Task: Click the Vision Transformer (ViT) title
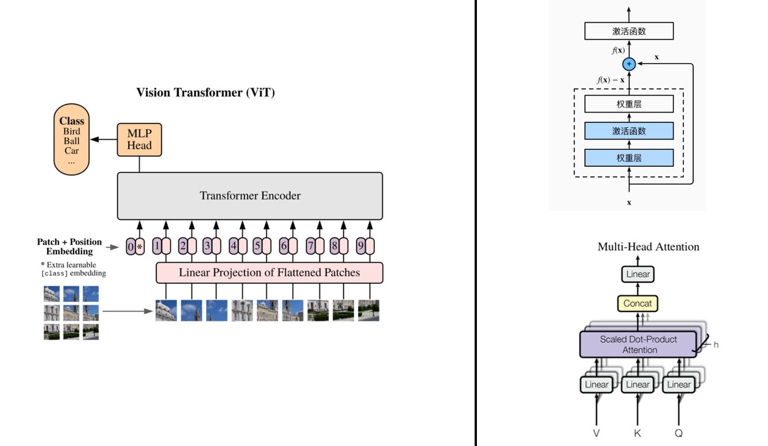(205, 93)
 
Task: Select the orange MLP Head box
(139, 140)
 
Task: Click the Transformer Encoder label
(250, 195)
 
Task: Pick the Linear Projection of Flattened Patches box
(269, 272)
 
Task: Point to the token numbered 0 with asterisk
(135, 247)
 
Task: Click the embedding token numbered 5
(262, 247)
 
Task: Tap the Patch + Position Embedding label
(69, 247)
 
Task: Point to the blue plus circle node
(629, 64)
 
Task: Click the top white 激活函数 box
(629, 31)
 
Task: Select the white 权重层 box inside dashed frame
(629, 104)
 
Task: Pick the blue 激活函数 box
(629, 131)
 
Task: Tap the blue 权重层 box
(629, 157)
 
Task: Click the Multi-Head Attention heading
(648, 247)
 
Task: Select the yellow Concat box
(637, 303)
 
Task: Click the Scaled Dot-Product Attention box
(638, 344)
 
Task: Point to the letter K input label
(637, 433)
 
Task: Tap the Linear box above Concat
(637, 274)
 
